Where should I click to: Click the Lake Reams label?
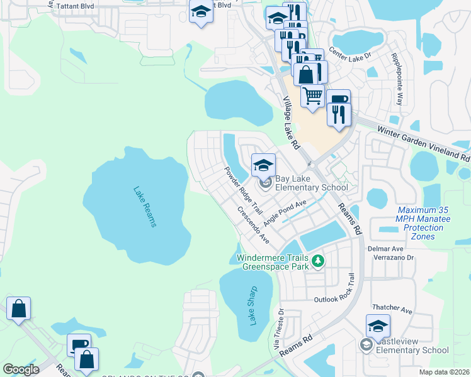point(144,207)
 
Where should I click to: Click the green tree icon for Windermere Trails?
point(319,260)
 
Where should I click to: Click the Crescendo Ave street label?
point(253,226)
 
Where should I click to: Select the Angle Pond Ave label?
point(285,213)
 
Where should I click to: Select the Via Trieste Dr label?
point(278,329)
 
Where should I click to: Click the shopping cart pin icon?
point(312,96)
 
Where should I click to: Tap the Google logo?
point(20,369)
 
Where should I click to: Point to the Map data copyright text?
point(444,372)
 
